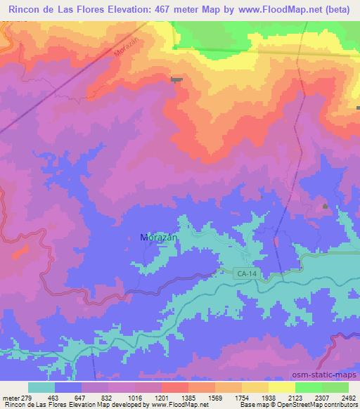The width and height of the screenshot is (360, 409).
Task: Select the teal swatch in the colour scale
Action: coord(41,388)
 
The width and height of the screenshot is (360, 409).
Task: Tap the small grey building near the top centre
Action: coord(176,79)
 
